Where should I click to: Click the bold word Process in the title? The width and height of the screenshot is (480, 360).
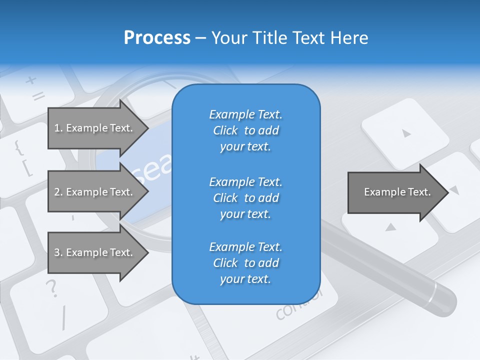pos(157,38)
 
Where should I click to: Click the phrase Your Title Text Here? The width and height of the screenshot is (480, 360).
pos(289,38)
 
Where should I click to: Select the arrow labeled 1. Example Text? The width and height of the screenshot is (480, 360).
pos(95,128)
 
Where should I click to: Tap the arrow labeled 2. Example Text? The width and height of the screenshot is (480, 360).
pos(95,192)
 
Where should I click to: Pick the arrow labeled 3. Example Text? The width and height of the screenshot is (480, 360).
pos(95,252)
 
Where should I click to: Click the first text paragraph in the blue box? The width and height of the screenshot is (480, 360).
pos(245,130)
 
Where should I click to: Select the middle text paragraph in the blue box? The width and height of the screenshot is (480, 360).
pos(245,198)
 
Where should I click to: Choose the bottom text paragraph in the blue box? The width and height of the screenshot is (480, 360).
pos(245,263)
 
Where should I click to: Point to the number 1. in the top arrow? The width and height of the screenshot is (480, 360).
pos(58,128)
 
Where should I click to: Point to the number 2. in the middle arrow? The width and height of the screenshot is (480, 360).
pos(58,192)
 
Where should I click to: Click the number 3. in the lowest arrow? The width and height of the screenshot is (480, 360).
pos(58,252)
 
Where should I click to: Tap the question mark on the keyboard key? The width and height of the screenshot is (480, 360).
pos(51,288)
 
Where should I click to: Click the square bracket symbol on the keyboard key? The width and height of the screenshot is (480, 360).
pos(28,168)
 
